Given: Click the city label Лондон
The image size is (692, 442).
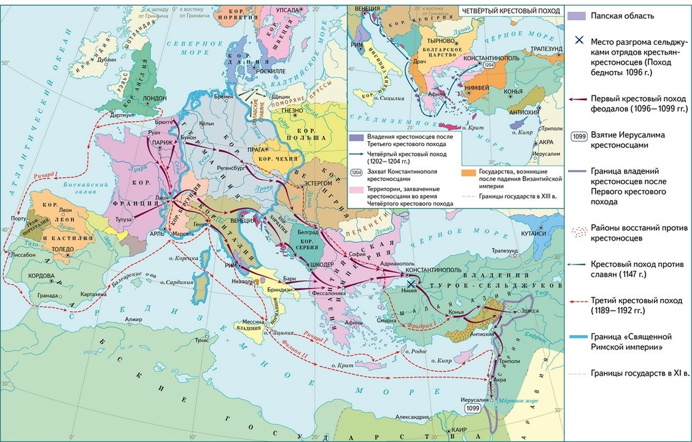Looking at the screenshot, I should (155, 98).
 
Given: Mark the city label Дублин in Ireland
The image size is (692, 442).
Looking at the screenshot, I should (106, 60).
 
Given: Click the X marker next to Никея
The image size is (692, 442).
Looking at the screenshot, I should (411, 284).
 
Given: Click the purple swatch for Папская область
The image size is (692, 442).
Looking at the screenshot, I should (577, 16).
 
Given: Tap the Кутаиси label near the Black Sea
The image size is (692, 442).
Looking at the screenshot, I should (534, 233).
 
